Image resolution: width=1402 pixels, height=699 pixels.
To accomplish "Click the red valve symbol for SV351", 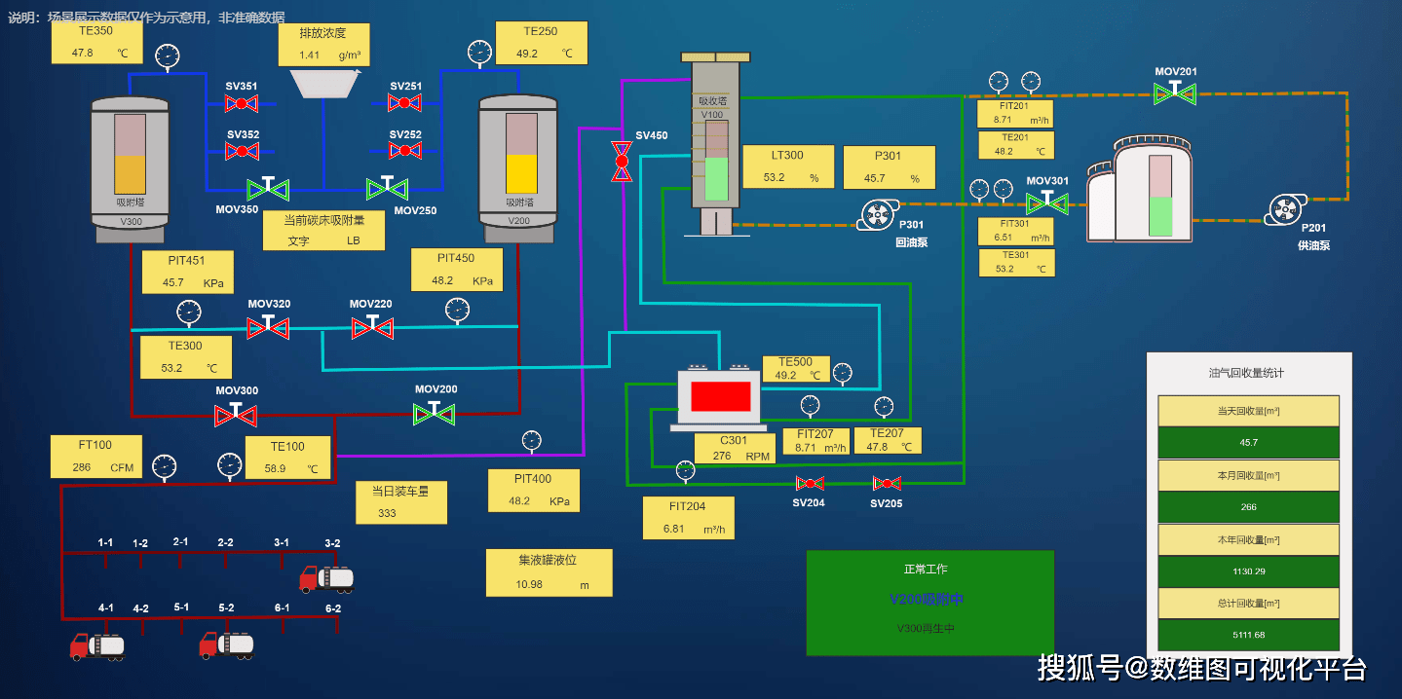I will (241, 104).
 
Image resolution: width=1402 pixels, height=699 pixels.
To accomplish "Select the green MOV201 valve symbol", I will (1175, 93).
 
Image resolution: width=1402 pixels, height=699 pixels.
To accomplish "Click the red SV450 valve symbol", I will (621, 161).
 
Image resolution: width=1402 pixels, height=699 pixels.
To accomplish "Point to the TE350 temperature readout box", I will (95, 44).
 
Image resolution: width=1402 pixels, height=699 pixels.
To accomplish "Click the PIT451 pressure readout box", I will (187, 272).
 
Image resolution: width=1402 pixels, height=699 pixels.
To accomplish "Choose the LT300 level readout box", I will (788, 166).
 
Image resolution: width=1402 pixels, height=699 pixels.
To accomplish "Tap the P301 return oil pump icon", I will (878, 215).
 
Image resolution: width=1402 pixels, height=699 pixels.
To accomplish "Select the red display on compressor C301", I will (720, 396).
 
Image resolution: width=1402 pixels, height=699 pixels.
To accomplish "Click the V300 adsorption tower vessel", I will (131, 167).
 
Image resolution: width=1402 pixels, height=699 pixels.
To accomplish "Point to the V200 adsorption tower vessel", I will (518, 167).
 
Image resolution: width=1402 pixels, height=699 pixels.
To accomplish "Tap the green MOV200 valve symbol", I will (435, 413).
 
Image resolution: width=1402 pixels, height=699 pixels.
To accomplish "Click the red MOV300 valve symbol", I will (235, 415).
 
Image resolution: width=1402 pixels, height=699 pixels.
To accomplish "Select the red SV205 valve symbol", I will (887, 484).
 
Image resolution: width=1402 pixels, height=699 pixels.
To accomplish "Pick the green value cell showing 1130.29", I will (1248, 571).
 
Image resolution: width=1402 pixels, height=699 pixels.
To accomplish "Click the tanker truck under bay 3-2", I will (326, 578).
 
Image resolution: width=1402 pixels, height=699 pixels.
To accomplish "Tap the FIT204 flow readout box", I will (688, 518).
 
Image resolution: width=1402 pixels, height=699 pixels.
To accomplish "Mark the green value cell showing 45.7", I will (1248, 443).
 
